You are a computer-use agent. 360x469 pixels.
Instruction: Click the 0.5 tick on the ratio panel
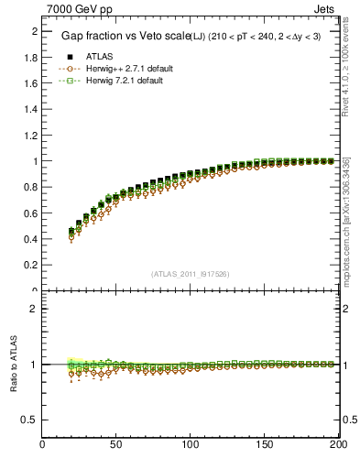31,420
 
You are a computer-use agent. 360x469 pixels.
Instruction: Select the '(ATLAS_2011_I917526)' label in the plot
191,273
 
